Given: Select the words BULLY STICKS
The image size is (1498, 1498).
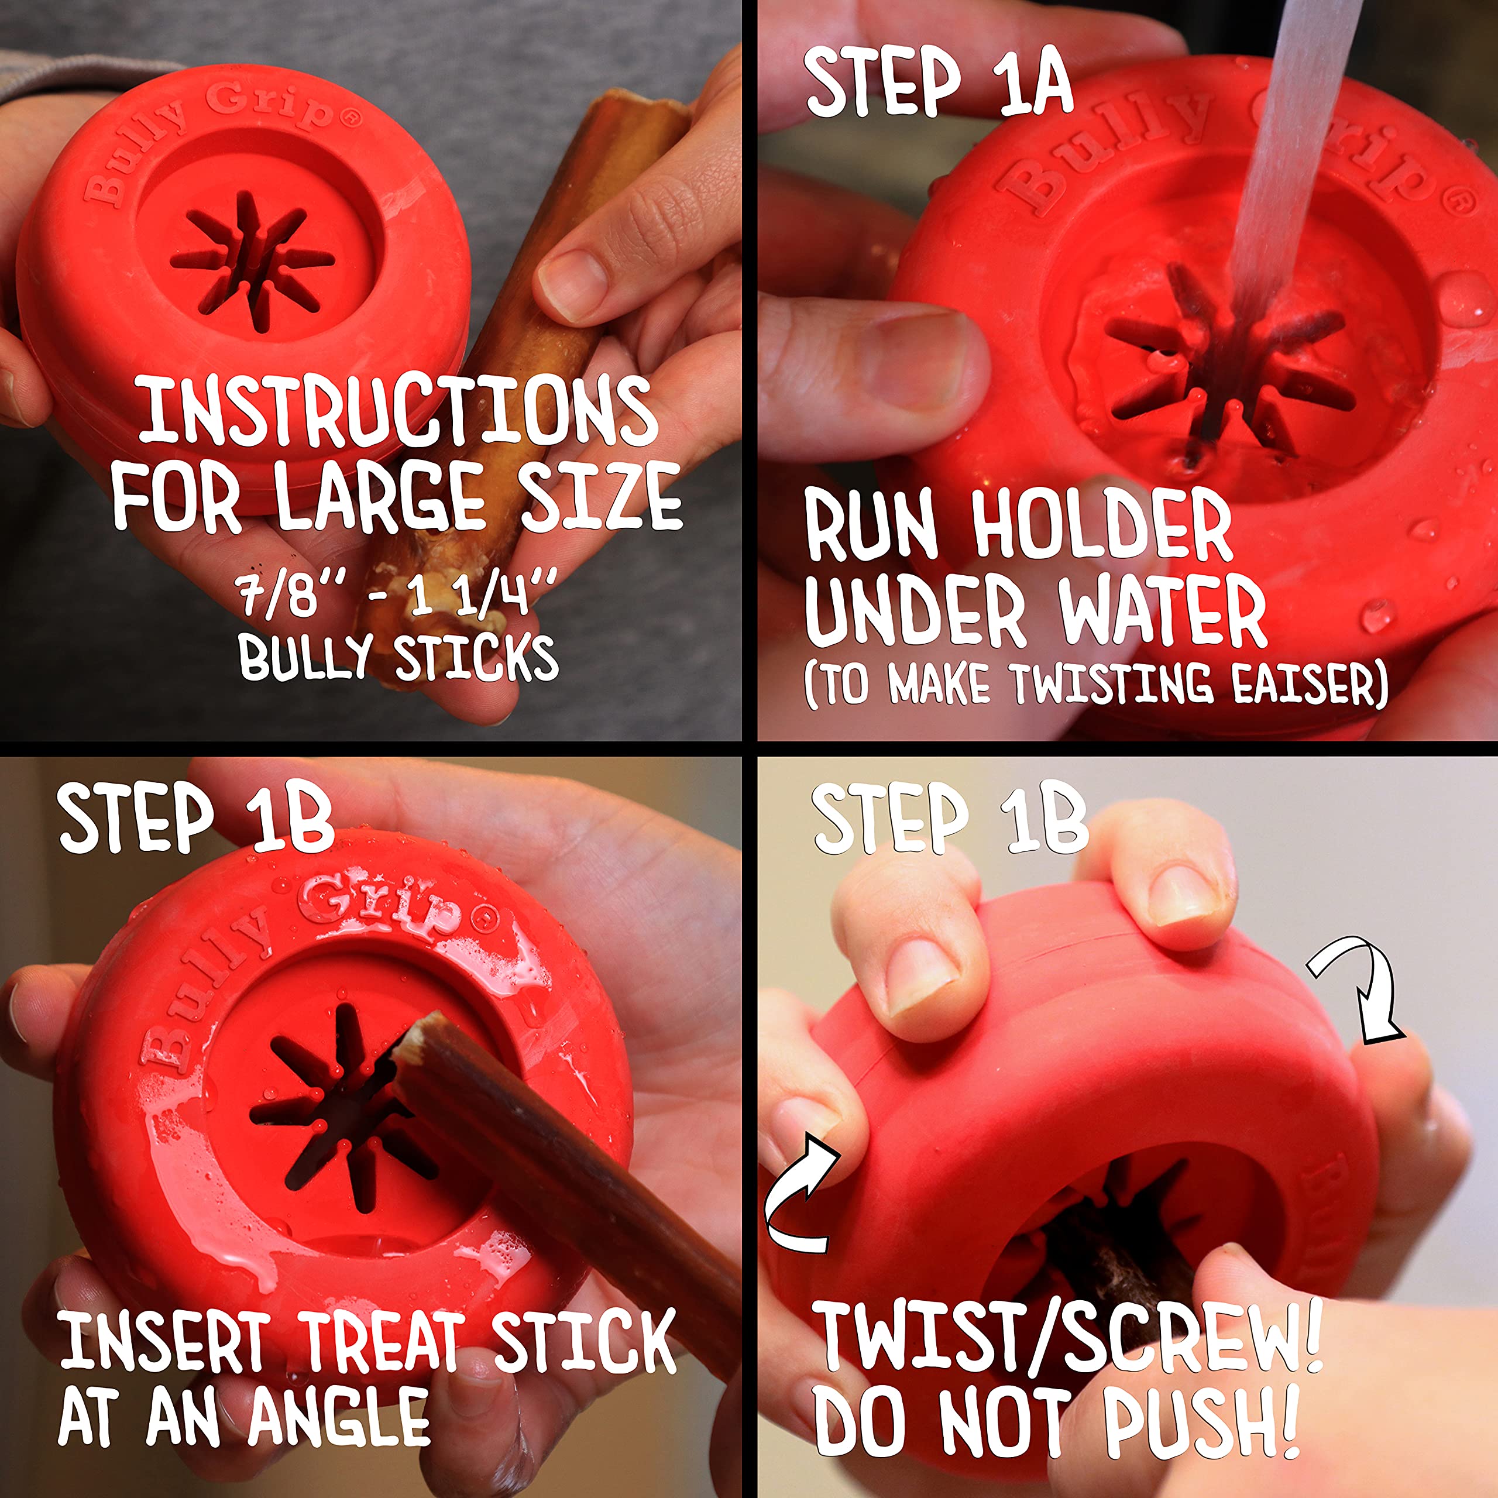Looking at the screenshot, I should (398, 658).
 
